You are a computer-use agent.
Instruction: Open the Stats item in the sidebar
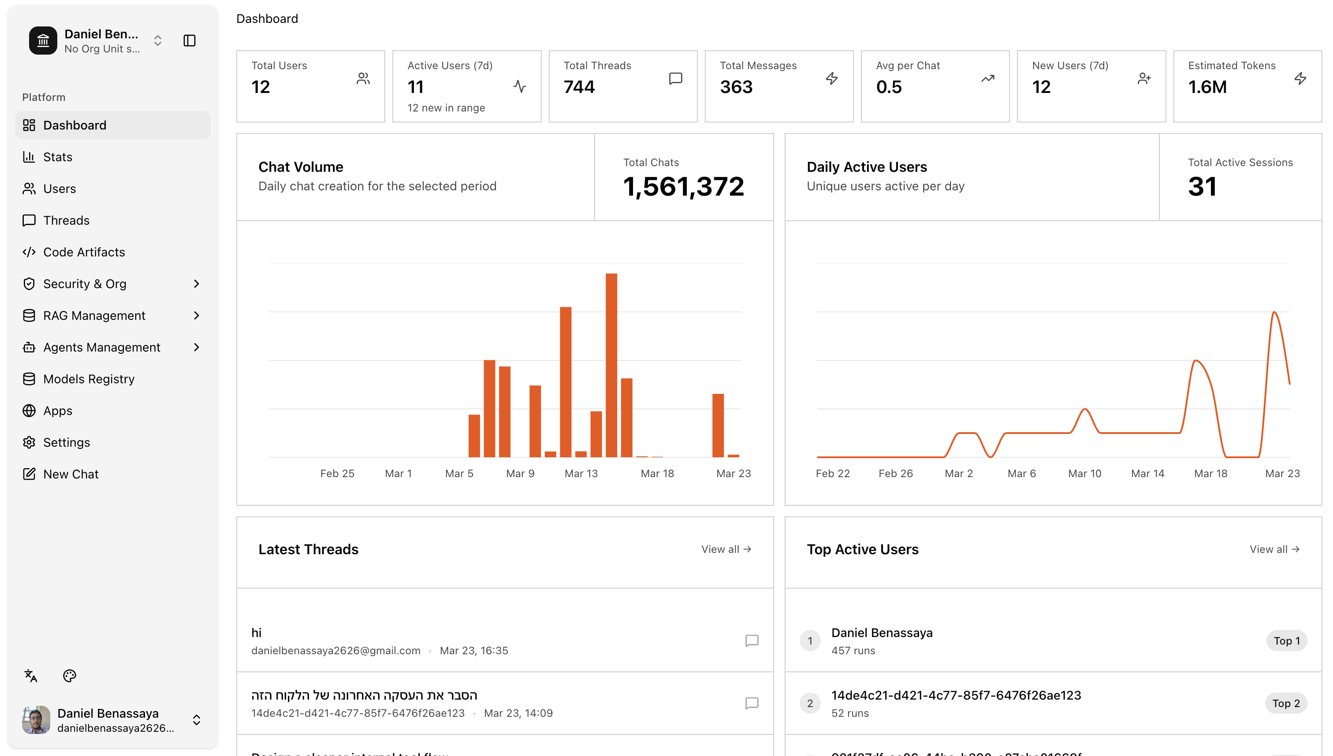click(57, 157)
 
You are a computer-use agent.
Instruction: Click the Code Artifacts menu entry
click(84, 252)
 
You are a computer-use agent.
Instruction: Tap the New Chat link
click(71, 474)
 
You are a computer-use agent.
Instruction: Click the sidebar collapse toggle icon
click(189, 41)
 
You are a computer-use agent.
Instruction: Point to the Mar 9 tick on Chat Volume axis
click(520, 474)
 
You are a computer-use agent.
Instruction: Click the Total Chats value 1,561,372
click(683, 187)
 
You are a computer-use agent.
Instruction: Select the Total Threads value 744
click(579, 87)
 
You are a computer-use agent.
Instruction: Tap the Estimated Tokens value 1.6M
click(1207, 87)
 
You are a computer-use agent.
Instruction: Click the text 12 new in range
click(446, 108)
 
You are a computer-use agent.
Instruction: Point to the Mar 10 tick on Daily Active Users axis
click(1084, 474)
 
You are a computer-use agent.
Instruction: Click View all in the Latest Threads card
click(726, 549)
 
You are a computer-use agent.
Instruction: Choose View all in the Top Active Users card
click(1274, 549)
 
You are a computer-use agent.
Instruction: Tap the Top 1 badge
click(1286, 641)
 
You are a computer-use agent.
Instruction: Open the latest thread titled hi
click(257, 633)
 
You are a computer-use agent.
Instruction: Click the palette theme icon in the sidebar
click(69, 675)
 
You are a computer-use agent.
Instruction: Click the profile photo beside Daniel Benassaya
click(36, 720)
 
